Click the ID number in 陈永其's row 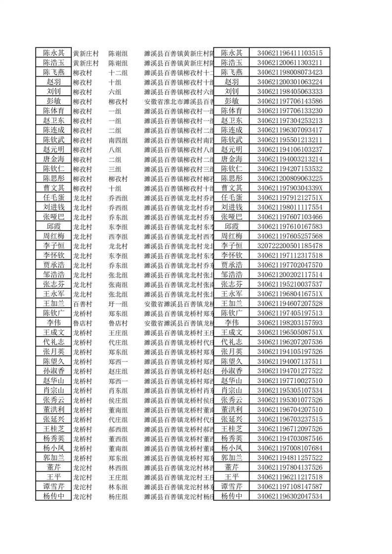(290, 53)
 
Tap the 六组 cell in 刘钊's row (114, 91)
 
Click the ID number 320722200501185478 (290, 245)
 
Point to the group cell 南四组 (118, 140)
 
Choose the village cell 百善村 (83, 303)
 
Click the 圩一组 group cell (118, 303)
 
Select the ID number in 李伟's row (290, 322)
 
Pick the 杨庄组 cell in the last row (118, 496)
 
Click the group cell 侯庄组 (118, 400)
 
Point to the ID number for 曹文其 (290, 188)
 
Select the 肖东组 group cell (118, 390)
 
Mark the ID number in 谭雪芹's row (290, 486)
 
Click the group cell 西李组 (118, 236)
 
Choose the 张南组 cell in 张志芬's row (118, 284)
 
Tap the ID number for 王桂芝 (290, 429)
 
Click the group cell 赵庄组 (118, 371)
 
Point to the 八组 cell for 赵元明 (114, 149)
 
